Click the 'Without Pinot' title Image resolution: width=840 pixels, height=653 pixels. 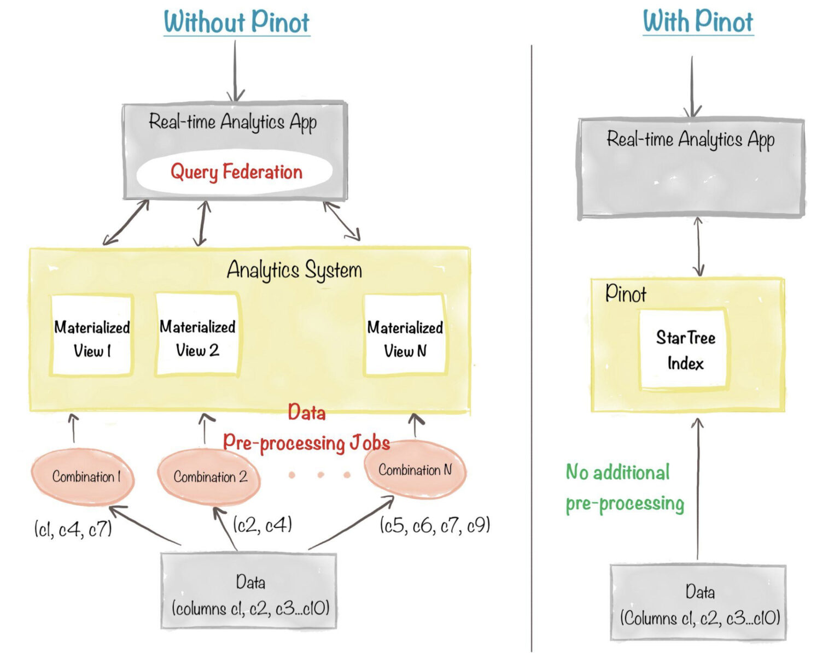236,22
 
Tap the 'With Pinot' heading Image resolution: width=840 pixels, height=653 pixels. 698,22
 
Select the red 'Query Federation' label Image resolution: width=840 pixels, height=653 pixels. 236,172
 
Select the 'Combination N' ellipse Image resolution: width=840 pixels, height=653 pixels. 415,470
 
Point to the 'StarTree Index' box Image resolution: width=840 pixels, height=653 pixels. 685,350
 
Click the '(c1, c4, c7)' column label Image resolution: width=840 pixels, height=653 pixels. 73,529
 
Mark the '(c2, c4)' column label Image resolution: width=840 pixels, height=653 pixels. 262,525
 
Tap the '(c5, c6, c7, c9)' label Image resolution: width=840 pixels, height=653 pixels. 435,526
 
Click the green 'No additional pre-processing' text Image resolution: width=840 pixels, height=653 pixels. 624,487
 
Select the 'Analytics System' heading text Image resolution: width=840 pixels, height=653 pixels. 294,270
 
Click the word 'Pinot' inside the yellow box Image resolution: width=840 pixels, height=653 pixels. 626,295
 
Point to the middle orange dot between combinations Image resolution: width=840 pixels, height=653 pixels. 320,475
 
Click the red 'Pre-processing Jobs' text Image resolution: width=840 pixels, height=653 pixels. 306,443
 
